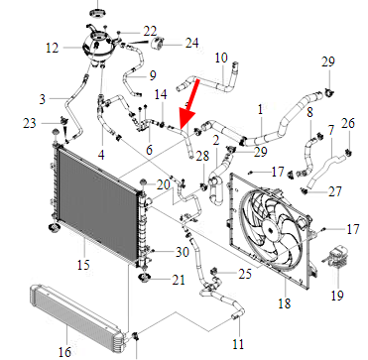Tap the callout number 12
tap(53, 49)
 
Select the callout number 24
tap(191, 44)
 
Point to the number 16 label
tap(64, 351)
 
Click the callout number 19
tap(337, 296)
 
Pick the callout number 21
tap(179, 280)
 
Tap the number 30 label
tap(182, 252)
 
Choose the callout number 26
tap(348, 123)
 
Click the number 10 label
tap(221, 58)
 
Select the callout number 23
tap(30, 123)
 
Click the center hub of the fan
tap(270, 229)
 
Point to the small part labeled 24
tap(157, 44)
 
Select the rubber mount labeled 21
tap(145, 278)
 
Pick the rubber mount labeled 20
tap(143, 182)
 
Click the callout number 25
tap(245, 274)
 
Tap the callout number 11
tap(238, 344)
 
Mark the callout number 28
tap(202, 156)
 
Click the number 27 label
tap(335, 191)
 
